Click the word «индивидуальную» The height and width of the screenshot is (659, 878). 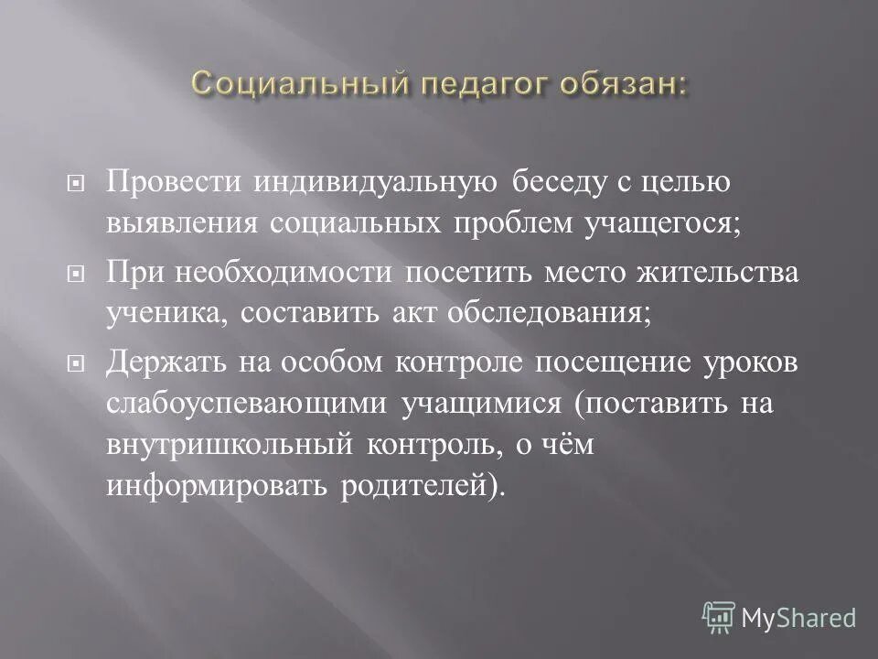(378, 181)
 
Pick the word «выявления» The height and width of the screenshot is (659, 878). (182, 224)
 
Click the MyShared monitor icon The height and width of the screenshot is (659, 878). (720, 617)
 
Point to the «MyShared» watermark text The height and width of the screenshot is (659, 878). (798, 618)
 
